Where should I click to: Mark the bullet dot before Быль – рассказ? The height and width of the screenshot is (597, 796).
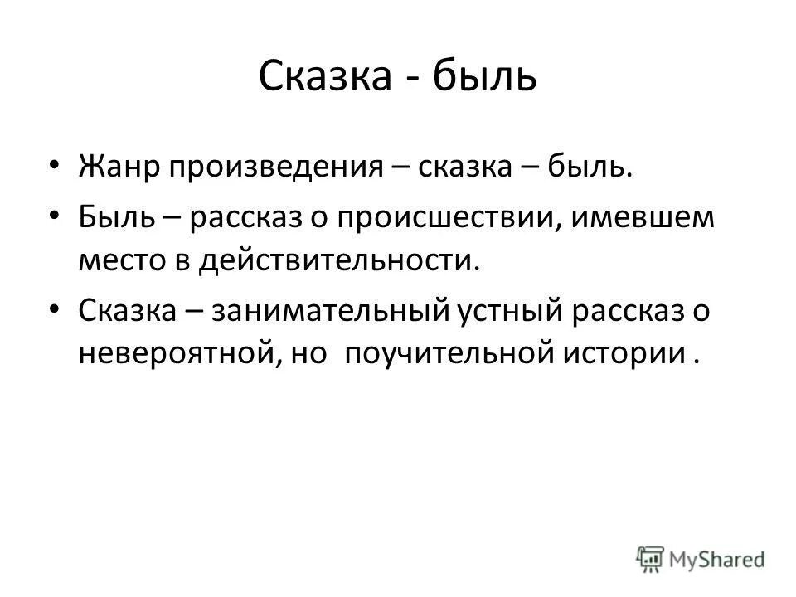(x=54, y=216)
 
